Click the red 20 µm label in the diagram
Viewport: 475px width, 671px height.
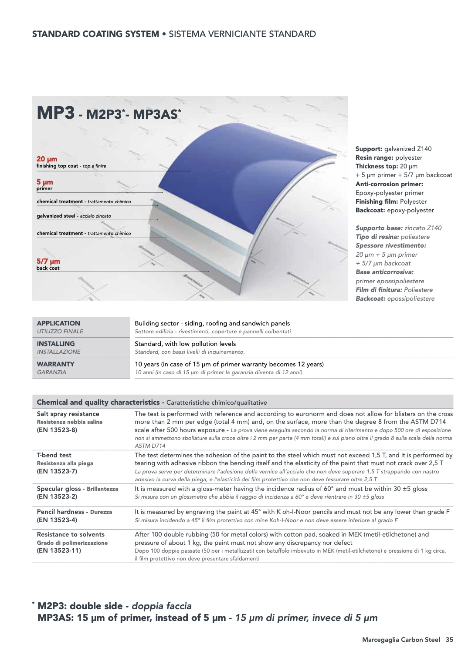(47, 159)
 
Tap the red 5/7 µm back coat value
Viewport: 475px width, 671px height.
(48, 261)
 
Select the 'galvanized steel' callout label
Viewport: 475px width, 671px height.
(56, 216)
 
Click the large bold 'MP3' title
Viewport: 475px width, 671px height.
(56, 113)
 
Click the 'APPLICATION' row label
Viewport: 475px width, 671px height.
(58, 323)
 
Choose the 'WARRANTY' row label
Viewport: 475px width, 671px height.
(55, 364)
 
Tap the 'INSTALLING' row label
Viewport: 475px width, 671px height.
(56, 344)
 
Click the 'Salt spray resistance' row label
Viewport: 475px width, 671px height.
(68, 414)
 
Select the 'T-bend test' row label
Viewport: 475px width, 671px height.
(54, 455)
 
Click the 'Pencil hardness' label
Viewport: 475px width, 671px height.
(60, 512)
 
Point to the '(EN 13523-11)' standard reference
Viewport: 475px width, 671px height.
(59, 550)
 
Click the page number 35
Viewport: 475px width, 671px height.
(449, 640)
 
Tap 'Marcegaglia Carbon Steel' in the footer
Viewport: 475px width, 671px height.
(401, 640)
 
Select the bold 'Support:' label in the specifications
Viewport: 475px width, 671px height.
(369, 149)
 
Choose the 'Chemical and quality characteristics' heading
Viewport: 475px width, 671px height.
(98, 403)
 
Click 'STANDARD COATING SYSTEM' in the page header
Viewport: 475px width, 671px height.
(95, 34)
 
